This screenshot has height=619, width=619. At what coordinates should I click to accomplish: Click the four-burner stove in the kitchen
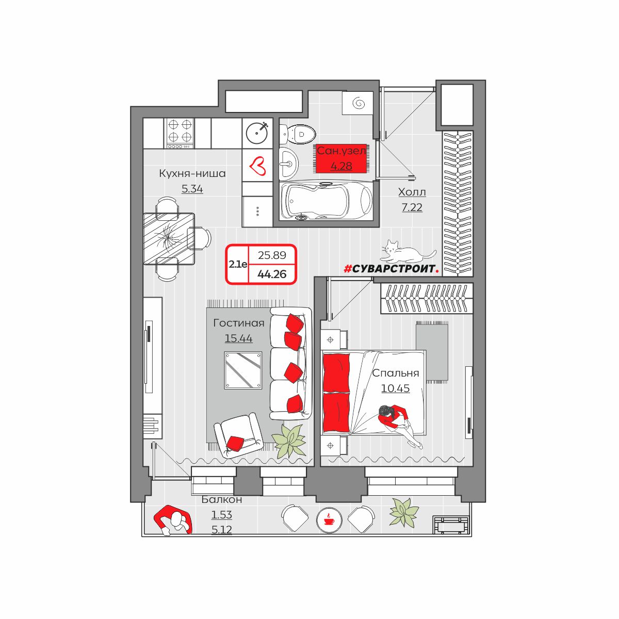pos(180,133)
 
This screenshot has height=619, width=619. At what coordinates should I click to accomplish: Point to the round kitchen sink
pos(257,133)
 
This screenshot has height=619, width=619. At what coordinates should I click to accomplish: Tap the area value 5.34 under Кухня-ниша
pos(192,189)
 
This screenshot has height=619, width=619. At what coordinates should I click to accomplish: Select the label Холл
pos(412,192)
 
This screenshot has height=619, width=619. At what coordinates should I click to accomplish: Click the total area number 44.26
pos(272,274)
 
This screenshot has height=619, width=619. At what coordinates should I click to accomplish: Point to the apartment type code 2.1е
pos(238,265)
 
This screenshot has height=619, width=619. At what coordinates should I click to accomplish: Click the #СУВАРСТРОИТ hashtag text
pos(391,269)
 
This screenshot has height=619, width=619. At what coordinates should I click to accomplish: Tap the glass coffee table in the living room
pos(243,370)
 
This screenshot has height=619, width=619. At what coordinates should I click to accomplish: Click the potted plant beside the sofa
pos(288,441)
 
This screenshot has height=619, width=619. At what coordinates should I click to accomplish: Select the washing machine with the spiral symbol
pos(357,103)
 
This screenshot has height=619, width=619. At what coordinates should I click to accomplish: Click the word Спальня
pos(396,373)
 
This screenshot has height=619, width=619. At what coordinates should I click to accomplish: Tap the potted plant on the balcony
pos(404,512)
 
